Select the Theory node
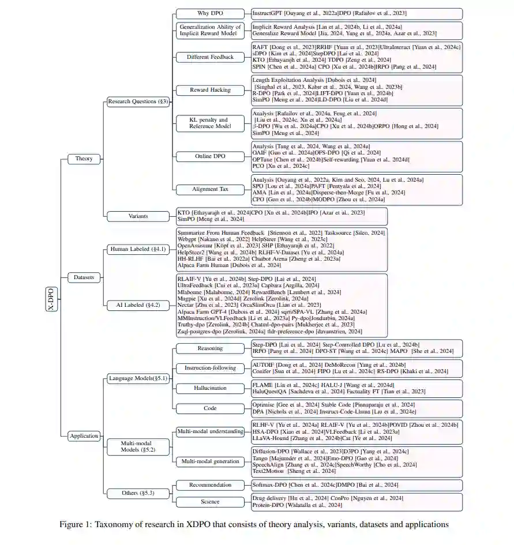point(84,159)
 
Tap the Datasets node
point(84,277)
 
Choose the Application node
point(84,436)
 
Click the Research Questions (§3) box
point(138,102)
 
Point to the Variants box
point(138,216)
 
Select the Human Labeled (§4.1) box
point(138,249)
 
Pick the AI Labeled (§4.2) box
point(138,304)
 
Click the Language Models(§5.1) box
point(138,378)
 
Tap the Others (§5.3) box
point(138,494)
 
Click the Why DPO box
point(210,13)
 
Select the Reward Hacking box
point(210,90)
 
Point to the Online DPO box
point(210,156)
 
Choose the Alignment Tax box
point(210,189)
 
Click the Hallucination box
point(210,388)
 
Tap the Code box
point(210,408)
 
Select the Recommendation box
point(210,485)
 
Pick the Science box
point(210,501)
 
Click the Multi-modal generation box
point(210,461)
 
